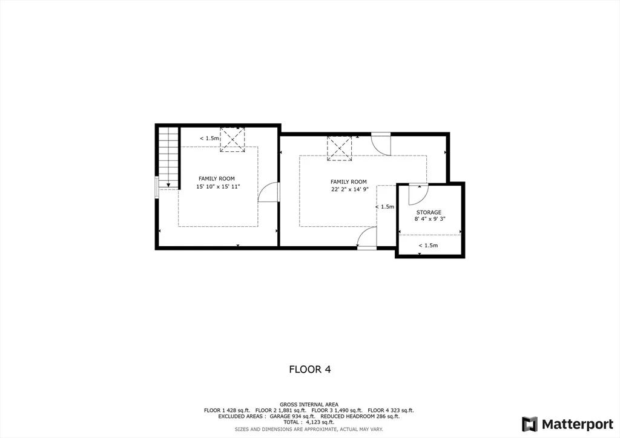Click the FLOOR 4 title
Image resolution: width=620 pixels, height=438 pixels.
310,369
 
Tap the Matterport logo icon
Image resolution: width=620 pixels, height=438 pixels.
529,424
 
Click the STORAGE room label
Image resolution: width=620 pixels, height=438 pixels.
429,212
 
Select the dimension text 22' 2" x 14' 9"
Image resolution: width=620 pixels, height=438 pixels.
350,189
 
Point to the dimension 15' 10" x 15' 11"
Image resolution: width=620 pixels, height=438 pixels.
218,186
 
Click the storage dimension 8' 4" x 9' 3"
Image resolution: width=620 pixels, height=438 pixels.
430,219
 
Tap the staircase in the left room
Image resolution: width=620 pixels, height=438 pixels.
169,157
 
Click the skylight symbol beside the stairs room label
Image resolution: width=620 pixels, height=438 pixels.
232,139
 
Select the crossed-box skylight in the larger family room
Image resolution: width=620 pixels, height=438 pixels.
339,148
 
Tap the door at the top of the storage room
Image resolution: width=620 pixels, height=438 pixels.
418,194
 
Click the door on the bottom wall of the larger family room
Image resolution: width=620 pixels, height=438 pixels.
366,238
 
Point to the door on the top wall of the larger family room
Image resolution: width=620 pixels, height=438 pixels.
381,144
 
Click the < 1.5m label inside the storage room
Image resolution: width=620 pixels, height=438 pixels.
428,245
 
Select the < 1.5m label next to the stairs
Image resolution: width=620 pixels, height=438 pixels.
209,138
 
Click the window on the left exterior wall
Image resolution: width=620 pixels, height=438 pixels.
157,187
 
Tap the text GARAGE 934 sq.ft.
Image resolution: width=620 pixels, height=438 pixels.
292,416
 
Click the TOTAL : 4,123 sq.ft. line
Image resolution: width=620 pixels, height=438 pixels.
309,422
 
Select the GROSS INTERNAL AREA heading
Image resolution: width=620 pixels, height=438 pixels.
309,405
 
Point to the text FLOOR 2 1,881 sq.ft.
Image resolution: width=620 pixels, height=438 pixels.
281,410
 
